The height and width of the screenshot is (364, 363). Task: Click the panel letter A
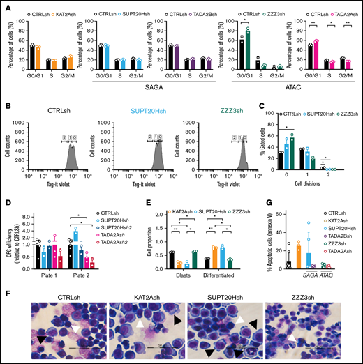[x=6, y=6]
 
